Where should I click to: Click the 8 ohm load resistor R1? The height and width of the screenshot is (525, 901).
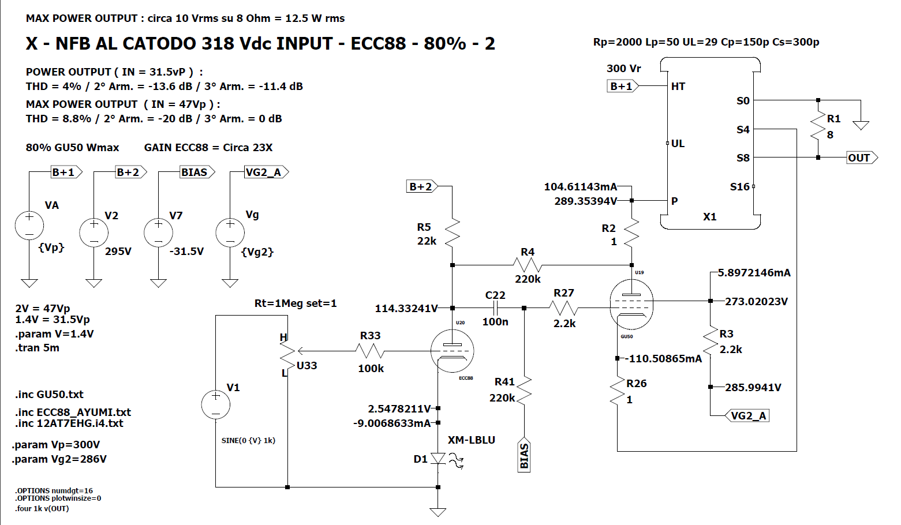click(x=818, y=127)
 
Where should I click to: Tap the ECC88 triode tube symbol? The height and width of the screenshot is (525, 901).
click(x=452, y=351)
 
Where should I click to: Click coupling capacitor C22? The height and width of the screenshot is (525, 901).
click(x=495, y=308)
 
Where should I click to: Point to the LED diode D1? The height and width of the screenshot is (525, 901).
click(x=438, y=459)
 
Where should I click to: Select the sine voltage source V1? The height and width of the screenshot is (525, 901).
click(x=216, y=404)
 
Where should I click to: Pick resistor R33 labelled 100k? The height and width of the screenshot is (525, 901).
click(x=370, y=351)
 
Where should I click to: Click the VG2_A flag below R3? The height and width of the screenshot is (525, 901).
click(x=748, y=415)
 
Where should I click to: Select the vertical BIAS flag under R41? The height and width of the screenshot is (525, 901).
click(x=524, y=456)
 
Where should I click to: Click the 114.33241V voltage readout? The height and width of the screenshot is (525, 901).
click(x=406, y=309)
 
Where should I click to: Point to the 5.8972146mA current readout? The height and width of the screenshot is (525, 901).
click(x=754, y=273)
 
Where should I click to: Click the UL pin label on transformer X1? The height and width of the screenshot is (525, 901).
click(x=678, y=144)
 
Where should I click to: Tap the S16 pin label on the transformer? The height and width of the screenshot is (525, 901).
click(x=739, y=187)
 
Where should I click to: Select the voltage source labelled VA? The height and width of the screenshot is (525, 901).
click(x=29, y=226)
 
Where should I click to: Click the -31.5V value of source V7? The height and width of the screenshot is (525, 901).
click(x=186, y=252)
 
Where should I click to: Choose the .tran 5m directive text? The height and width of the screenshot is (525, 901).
click(x=38, y=348)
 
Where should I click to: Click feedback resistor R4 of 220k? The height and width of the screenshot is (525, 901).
click(x=527, y=265)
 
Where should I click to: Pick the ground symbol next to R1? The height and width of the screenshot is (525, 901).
click(x=861, y=125)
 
